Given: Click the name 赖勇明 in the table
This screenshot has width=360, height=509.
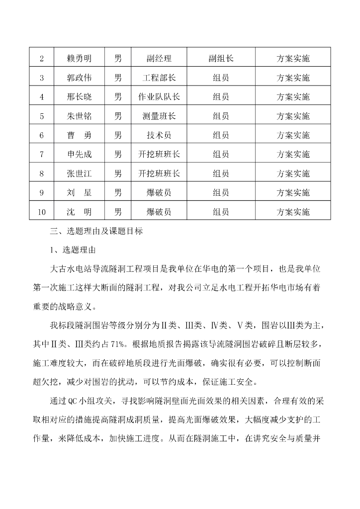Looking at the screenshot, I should (80, 59).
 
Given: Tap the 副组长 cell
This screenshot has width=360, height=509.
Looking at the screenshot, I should (221, 59).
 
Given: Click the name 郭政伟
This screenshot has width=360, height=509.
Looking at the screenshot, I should (80, 78).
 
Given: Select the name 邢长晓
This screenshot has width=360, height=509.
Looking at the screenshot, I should (80, 97).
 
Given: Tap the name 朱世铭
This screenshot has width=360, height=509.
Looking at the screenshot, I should (80, 116).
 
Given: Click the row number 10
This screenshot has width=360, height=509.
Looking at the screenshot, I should (42, 212).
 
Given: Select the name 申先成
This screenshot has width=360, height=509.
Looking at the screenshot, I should (80, 155).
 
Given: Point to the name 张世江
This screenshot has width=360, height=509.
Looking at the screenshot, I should (80, 173).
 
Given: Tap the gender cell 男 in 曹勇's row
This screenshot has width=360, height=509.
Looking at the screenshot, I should (118, 135).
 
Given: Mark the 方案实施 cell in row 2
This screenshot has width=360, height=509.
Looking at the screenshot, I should (293, 59).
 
